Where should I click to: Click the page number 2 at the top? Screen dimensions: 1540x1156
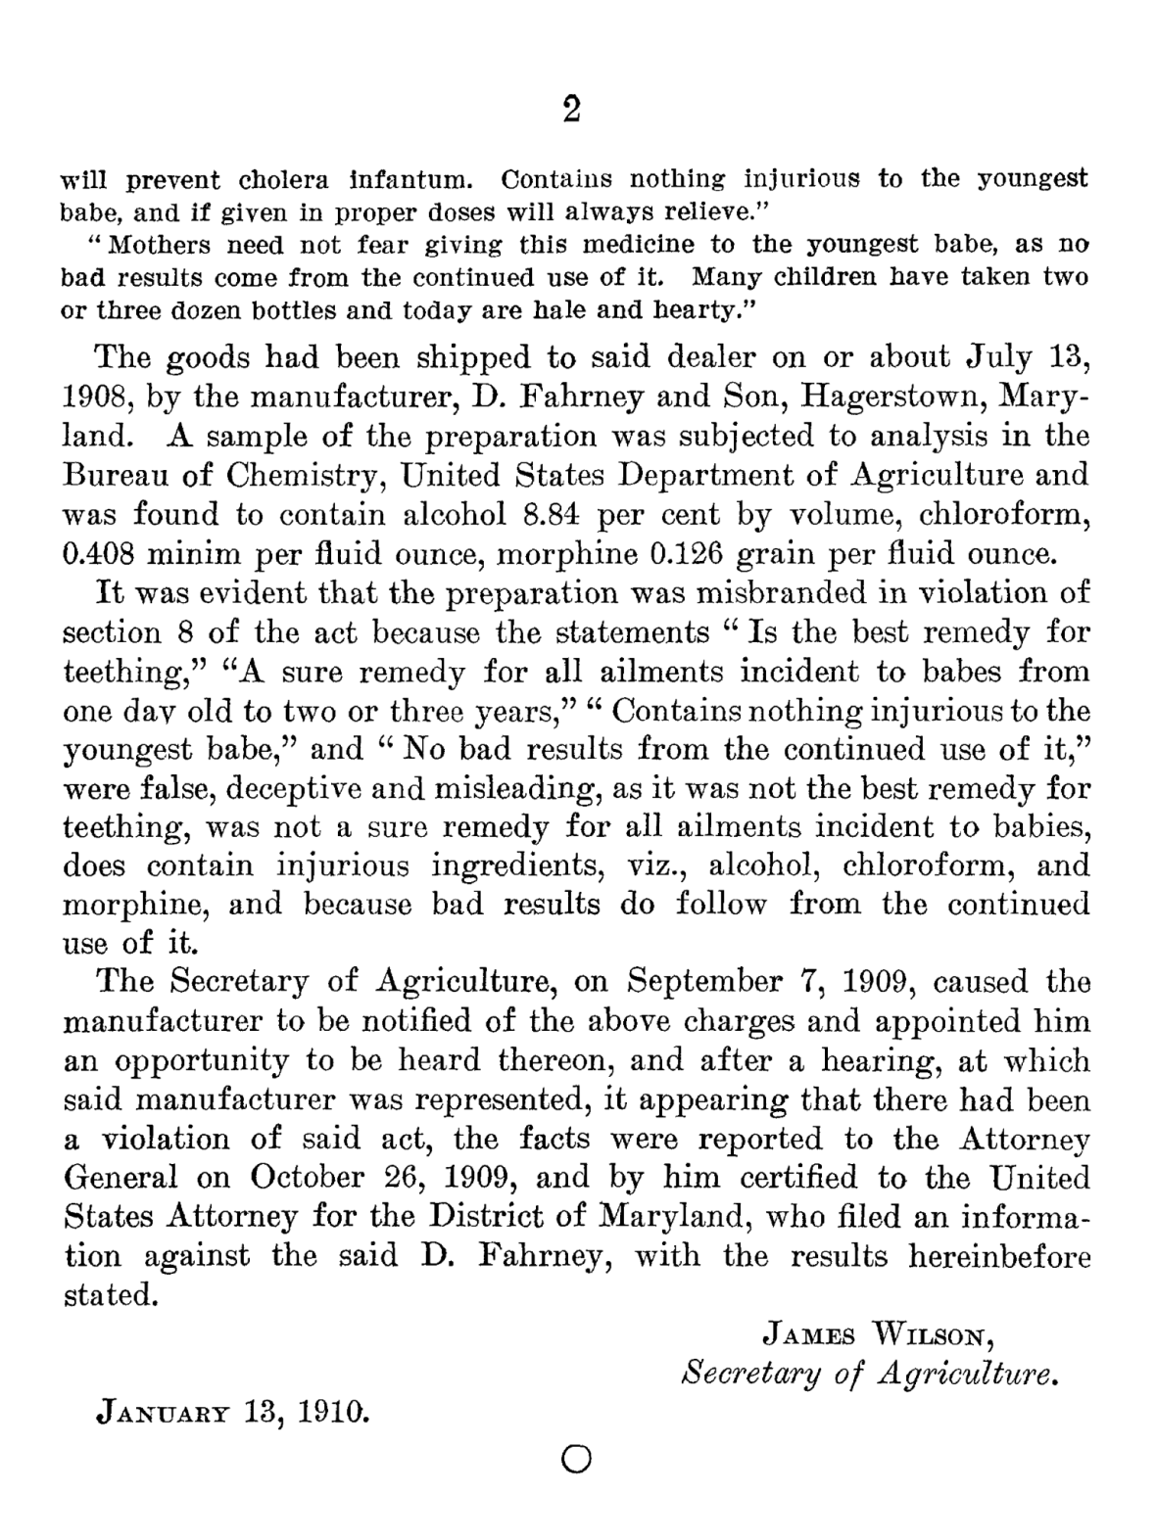point(572,109)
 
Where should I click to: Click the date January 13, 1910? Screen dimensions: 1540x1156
point(232,1411)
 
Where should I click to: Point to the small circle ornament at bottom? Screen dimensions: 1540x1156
point(577,1460)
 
